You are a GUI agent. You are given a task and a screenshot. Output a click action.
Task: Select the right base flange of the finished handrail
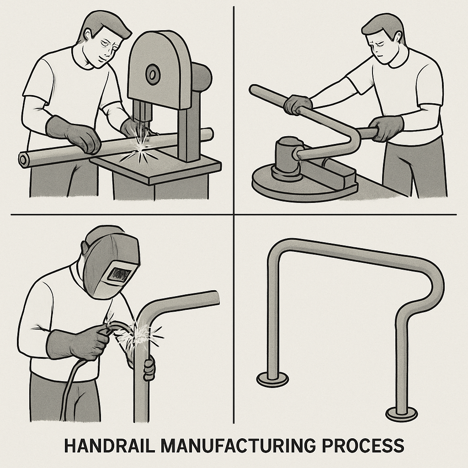(x=401, y=414)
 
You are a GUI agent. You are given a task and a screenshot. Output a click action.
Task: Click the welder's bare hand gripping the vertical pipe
(x=149, y=368)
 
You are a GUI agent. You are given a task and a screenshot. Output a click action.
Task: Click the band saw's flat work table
(x=160, y=167)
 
